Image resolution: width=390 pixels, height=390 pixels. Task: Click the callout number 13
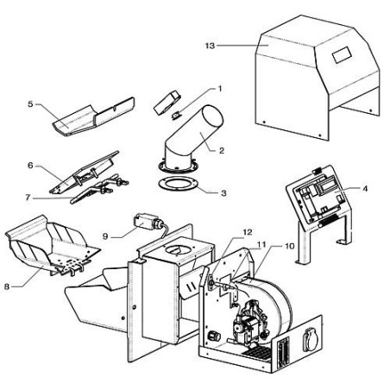[x=211, y=46]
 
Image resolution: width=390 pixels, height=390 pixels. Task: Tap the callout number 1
[x=220, y=89]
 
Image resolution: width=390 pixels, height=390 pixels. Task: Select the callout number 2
[x=222, y=150]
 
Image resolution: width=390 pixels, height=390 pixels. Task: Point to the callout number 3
[x=223, y=193]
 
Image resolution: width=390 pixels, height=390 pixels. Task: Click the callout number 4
[x=365, y=189]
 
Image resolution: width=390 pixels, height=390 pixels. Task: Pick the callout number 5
[x=30, y=104]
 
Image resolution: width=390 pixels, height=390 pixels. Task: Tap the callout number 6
[x=30, y=166]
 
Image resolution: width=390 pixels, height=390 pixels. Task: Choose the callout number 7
[x=28, y=198]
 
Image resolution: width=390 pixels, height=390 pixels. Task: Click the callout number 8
[x=7, y=286]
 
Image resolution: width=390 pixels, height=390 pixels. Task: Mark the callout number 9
[x=105, y=236]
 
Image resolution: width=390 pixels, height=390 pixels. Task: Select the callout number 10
[x=290, y=246]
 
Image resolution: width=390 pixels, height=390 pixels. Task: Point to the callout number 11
[x=261, y=244]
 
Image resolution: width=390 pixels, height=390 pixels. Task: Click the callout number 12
[x=248, y=232]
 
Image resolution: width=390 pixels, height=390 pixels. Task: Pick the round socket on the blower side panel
[x=311, y=340]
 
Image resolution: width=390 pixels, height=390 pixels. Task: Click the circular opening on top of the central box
[x=179, y=249]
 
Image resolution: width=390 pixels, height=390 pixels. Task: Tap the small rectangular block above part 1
[x=167, y=102]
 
